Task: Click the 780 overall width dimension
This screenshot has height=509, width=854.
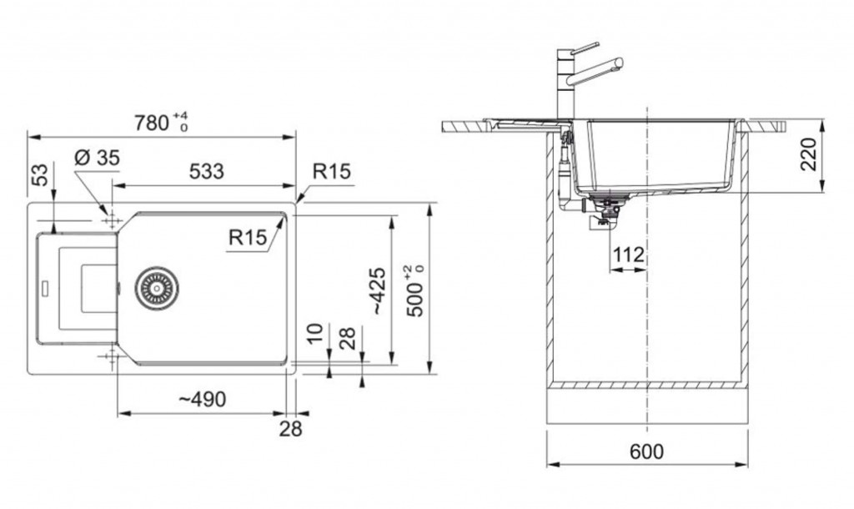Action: [x=161, y=123]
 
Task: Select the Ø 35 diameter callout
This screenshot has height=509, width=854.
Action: [x=97, y=158]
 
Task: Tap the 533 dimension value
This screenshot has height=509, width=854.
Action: [x=207, y=172]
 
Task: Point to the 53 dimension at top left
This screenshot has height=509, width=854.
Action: [x=40, y=174]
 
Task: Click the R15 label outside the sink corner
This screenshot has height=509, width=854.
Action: [x=332, y=172]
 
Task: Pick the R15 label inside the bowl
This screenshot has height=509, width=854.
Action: [x=248, y=237]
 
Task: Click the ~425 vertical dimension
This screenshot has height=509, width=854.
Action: [x=377, y=290]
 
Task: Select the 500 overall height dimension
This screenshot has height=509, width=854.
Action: [x=415, y=290]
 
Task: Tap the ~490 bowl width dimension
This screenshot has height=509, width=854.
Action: [x=202, y=400]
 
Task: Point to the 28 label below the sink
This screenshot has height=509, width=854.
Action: [x=290, y=429]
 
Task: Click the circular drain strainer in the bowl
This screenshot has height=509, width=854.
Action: [x=157, y=288]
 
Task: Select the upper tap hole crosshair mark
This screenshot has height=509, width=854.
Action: [x=112, y=220]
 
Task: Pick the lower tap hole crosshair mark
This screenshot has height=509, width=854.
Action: [x=112, y=356]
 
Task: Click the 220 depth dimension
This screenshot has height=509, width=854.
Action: [x=809, y=154]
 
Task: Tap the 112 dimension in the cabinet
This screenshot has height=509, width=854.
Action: [x=629, y=254]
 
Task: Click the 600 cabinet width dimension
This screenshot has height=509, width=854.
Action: [x=646, y=451]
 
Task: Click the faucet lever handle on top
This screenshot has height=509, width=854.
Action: [x=585, y=48]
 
